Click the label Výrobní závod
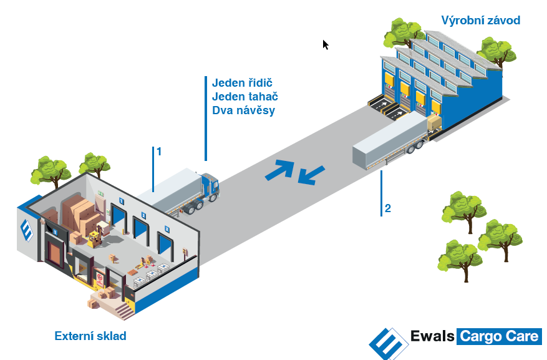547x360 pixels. [x=480, y=21]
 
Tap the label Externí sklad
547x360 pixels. [x=90, y=336]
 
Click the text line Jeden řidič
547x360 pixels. [x=243, y=83]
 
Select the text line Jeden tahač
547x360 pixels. [x=244, y=97]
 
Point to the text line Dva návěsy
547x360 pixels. [x=243, y=110]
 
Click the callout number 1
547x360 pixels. [x=159, y=152]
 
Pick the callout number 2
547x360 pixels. [x=388, y=208]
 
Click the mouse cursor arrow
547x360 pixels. [x=325, y=44]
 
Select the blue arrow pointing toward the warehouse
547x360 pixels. [x=311, y=175]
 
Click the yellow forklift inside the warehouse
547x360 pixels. [x=95, y=238]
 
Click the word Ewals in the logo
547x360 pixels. [x=432, y=337]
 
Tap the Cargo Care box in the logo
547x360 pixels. [x=499, y=337]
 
